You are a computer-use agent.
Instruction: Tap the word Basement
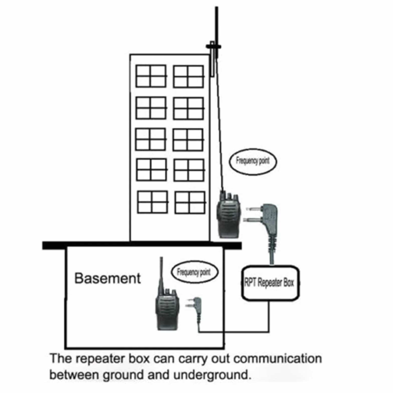(108, 278)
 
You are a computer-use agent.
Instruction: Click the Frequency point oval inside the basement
(194, 272)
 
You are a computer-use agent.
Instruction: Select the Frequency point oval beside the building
(253, 161)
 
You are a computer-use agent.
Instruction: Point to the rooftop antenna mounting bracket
(213, 59)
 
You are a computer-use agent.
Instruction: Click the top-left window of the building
(151, 76)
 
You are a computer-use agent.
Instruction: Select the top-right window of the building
(188, 77)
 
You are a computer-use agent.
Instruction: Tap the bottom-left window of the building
(153, 202)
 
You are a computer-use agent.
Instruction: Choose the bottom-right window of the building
(190, 203)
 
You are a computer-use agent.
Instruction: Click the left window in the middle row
(150, 139)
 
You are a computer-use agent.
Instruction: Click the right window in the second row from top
(188, 108)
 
